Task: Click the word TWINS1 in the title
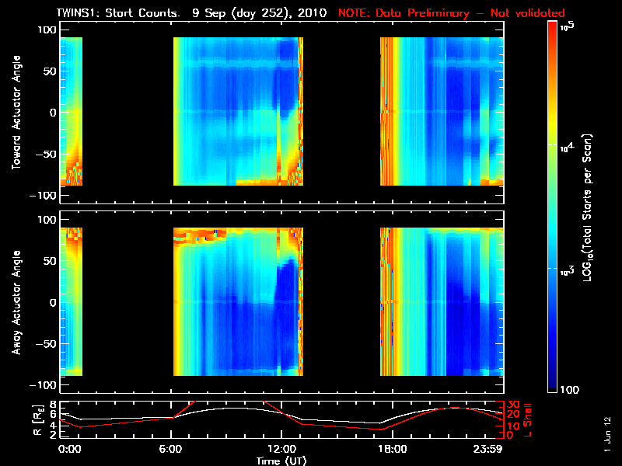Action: [x=77, y=13]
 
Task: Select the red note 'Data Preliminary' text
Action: [x=421, y=13]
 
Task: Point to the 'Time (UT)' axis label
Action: [x=281, y=461]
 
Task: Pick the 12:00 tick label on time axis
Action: [x=281, y=450]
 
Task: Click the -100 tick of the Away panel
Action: [x=44, y=385]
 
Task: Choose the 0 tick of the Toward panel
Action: [x=52, y=113]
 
